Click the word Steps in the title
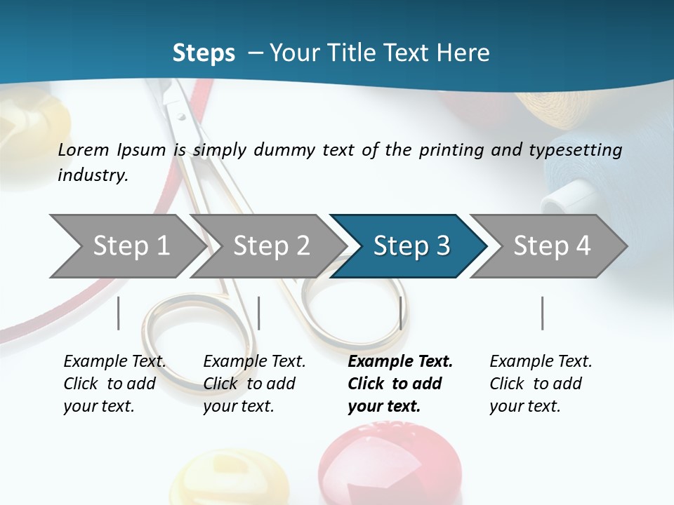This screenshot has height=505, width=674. pyautogui.click(x=204, y=53)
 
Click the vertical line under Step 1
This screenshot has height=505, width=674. pyautogui.click(x=118, y=313)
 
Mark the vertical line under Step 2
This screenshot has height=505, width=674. pyautogui.click(x=259, y=313)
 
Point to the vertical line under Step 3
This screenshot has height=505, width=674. pyautogui.click(x=400, y=313)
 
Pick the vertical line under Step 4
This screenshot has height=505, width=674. pyautogui.click(x=542, y=313)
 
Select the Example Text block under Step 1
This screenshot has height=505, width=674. pyautogui.click(x=114, y=384)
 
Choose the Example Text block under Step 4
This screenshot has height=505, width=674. pyautogui.click(x=541, y=384)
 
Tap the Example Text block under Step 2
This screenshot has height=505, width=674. pyautogui.click(x=254, y=384)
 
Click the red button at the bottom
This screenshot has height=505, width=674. pyautogui.click(x=390, y=466)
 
